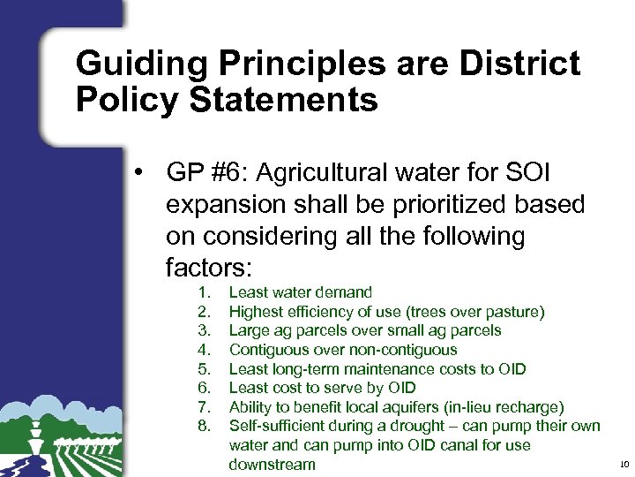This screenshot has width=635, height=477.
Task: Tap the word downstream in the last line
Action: [272, 465]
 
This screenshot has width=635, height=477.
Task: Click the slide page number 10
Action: [623, 465]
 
